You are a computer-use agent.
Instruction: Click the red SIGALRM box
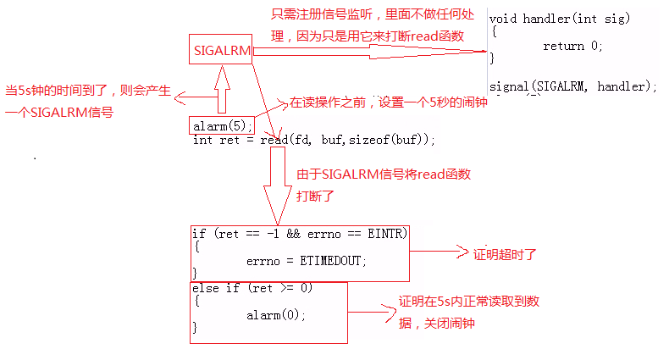(x=221, y=50)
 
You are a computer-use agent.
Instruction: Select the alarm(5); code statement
(x=222, y=126)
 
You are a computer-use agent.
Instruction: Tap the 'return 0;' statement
(x=573, y=46)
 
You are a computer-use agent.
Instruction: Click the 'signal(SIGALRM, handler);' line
(x=573, y=86)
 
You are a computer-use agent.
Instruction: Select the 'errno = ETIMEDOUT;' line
(x=307, y=261)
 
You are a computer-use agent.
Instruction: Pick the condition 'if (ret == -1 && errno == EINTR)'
(x=301, y=233)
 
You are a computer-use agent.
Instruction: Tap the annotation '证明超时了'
(x=505, y=253)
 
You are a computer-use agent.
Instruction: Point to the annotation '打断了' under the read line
(x=316, y=195)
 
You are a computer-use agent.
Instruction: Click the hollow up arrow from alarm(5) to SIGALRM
(x=222, y=89)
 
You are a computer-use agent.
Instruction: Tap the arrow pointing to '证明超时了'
(x=440, y=252)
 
